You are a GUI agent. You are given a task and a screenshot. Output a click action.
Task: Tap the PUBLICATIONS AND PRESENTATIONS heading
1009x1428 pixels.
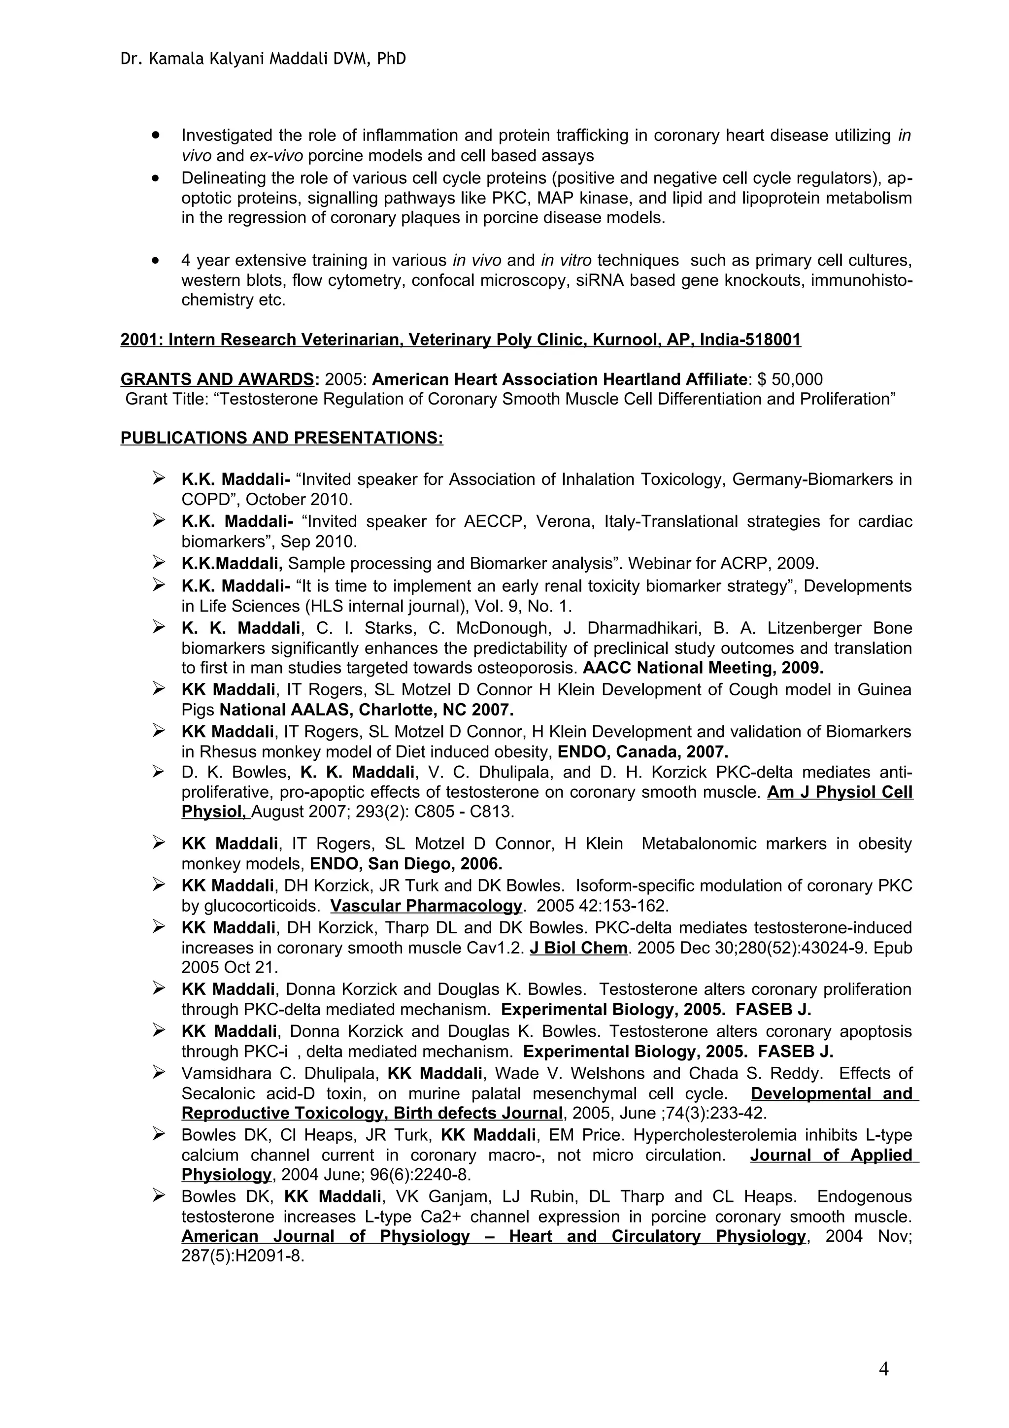coord(281,438)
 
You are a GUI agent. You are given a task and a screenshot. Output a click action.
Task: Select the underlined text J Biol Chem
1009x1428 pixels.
coord(578,948)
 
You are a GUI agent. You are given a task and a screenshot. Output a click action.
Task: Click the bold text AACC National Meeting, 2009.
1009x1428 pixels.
coord(703,668)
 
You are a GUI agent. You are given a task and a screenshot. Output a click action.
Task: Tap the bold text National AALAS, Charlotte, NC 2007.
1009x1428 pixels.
coord(367,710)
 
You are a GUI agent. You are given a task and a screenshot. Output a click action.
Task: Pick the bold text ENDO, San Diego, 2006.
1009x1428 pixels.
coord(405,864)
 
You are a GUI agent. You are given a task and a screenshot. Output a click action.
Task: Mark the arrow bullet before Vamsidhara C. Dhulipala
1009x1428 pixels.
coord(159,1072)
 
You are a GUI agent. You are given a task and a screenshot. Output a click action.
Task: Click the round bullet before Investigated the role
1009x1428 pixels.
coord(156,135)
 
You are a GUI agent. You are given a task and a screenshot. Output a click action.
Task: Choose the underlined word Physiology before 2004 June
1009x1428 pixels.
coord(226,1174)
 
